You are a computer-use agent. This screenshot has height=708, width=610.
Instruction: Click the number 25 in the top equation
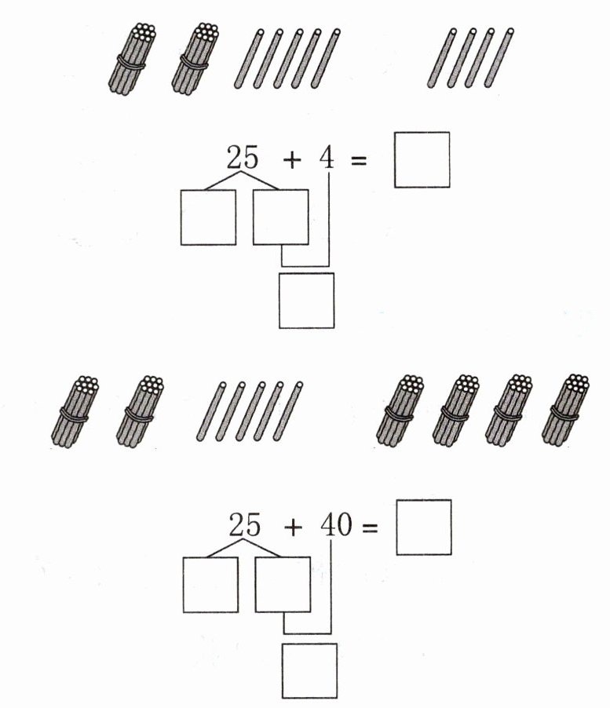pyautogui.click(x=243, y=157)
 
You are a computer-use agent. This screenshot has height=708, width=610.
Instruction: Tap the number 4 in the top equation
pyautogui.click(x=327, y=158)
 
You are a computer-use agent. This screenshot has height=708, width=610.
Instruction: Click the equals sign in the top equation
pyautogui.click(x=359, y=159)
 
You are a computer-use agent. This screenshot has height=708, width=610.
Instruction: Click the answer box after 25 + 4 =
pyautogui.click(x=422, y=159)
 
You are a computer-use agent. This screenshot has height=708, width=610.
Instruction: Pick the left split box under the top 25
pyautogui.click(x=208, y=217)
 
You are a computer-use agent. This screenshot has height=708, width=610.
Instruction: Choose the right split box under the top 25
pyautogui.click(x=281, y=217)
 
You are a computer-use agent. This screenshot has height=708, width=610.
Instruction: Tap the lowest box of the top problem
pyautogui.click(x=307, y=301)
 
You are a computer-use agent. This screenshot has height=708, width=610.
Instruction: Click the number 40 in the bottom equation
pyautogui.click(x=336, y=525)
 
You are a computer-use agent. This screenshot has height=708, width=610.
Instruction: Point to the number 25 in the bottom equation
pyautogui.click(x=245, y=524)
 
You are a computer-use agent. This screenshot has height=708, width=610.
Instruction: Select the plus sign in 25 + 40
pyautogui.click(x=294, y=527)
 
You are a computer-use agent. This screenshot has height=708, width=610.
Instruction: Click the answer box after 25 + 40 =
pyautogui.click(x=423, y=527)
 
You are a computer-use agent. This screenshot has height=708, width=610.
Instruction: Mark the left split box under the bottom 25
pyautogui.click(x=210, y=585)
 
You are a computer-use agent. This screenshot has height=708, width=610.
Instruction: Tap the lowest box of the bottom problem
pyautogui.click(x=309, y=670)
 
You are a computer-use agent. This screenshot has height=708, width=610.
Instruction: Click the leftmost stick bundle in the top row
pyautogui.click(x=132, y=59)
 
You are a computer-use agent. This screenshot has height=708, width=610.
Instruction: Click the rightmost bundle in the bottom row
pyautogui.click(x=565, y=410)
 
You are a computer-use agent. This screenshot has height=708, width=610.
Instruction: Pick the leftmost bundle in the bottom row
pyautogui.click(x=75, y=411)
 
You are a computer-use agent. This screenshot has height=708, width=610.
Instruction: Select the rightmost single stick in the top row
pyautogui.click(x=499, y=57)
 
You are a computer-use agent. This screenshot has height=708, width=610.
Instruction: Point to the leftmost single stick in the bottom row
pyautogui.click(x=211, y=411)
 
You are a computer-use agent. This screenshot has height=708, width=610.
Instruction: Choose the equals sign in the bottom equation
pyautogui.click(x=370, y=527)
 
